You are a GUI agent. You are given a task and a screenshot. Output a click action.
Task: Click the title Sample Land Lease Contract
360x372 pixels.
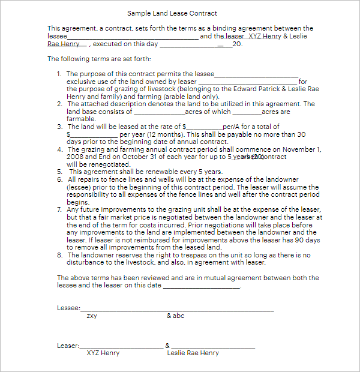coord(172,13)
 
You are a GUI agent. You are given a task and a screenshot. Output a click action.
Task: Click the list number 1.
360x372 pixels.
coord(59,74)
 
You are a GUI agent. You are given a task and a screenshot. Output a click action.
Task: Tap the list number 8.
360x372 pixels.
coord(59,255)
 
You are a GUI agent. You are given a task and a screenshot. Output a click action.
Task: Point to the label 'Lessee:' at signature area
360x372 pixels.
coord(68,308)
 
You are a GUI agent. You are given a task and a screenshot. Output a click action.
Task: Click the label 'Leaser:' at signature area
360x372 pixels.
coord(68,346)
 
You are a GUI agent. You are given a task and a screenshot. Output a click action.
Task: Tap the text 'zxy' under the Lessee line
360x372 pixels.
coord(92,316)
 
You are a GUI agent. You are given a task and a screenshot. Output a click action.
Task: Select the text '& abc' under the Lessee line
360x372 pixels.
coord(176,316)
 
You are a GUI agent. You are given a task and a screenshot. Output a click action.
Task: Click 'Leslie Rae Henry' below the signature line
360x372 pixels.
coord(193,353)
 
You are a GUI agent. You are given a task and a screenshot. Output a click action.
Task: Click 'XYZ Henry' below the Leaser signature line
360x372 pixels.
coord(103,353)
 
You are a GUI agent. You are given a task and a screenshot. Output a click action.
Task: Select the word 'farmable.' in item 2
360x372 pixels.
coord(81,119)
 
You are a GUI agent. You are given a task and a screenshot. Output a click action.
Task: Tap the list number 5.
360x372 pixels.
coord(59,172)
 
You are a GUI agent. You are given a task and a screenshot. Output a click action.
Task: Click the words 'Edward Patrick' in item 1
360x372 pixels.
coord(262,89)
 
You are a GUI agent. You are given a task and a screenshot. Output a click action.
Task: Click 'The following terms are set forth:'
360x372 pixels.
coord(100,59)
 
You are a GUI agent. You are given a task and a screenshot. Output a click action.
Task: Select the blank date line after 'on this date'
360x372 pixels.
coord(202,287)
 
